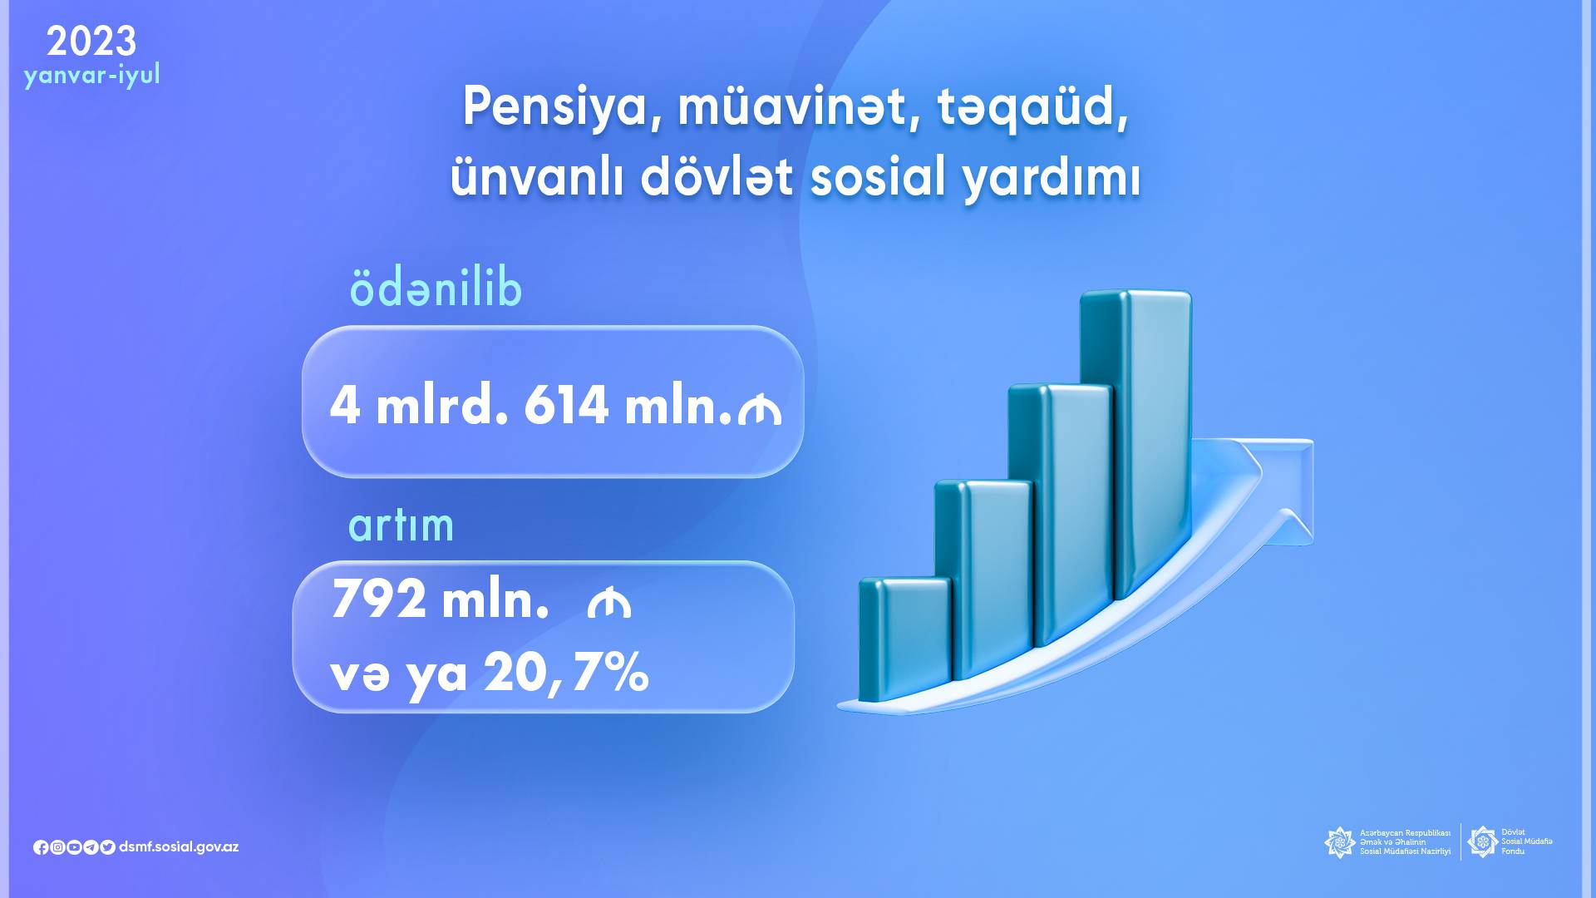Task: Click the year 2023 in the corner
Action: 91,41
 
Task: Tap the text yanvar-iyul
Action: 91,75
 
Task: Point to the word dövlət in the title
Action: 717,176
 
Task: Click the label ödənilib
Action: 436,288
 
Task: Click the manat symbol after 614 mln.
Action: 760,410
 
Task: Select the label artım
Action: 401,525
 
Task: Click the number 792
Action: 379,599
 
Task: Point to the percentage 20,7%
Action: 566,672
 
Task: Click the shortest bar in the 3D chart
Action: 904,639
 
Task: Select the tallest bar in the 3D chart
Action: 1135,445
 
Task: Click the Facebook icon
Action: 41,847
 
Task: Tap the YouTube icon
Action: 74,847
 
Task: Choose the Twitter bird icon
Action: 107,847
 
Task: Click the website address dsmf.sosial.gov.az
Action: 179,847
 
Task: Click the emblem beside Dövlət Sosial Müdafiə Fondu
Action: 1482,841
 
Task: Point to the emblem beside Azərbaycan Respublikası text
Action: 1339,842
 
